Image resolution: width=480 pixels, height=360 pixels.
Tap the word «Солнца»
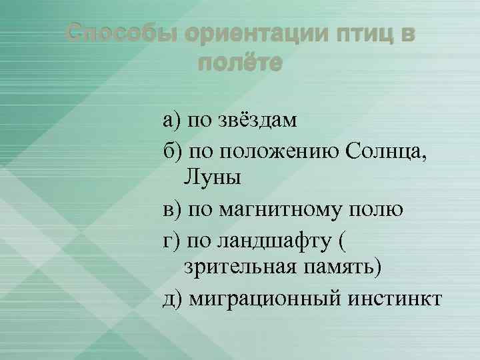point(385,150)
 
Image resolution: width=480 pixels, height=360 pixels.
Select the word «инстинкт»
point(393,297)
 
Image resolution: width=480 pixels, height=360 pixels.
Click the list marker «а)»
point(171,121)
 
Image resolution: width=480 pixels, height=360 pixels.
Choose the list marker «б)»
point(171,150)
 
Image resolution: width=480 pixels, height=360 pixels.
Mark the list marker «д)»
point(172,298)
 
